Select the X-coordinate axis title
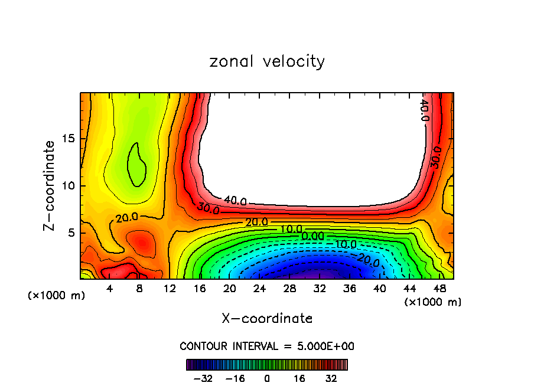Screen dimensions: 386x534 coord(267,319)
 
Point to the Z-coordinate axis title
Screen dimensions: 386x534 coord(50,185)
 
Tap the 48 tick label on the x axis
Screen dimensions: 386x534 coord(439,289)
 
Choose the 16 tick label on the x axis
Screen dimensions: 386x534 coord(200,289)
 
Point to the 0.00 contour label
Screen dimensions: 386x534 coord(312,236)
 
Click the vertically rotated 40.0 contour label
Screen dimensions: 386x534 coord(424,110)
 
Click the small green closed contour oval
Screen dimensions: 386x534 coord(138,165)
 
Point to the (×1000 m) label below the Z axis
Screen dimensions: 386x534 coord(57,296)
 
